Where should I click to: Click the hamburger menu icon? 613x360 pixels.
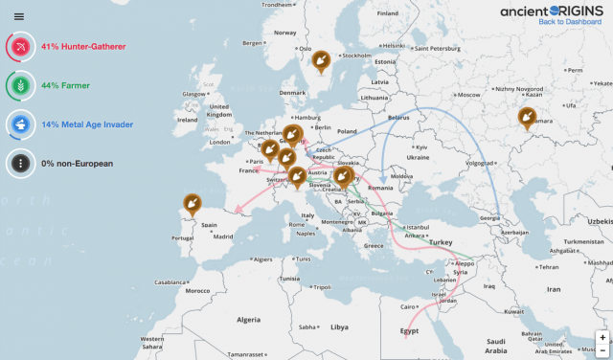[x=18, y=16]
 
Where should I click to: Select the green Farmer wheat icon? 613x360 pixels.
[x=20, y=85]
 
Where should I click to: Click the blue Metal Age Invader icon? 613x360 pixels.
[x=20, y=124]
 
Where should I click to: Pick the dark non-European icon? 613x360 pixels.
[x=20, y=164]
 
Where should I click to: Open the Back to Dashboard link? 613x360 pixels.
[x=571, y=21]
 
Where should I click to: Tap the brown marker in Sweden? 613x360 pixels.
[x=322, y=61]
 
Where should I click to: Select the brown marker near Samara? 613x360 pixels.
[x=527, y=117]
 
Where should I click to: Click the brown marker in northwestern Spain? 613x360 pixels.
[x=192, y=203]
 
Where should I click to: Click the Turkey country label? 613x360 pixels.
[x=440, y=243]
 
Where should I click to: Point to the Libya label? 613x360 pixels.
[x=340, y=326]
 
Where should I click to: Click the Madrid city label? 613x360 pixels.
[x=222, y=236]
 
